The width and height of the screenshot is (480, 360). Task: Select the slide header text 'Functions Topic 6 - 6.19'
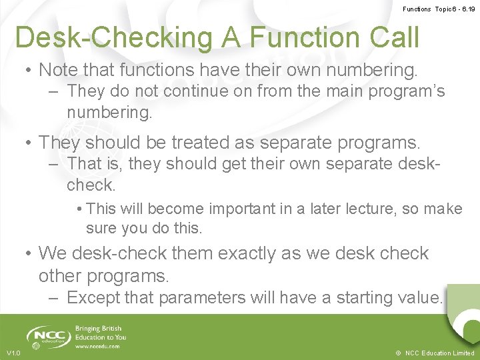coord(439,9)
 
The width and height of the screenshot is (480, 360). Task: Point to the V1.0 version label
coord(13,353)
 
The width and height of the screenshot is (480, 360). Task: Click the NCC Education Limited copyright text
coord(434,353)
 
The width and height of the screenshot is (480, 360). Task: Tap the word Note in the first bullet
coord(59,69)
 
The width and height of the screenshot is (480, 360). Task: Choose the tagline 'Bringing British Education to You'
coord(101,333)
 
